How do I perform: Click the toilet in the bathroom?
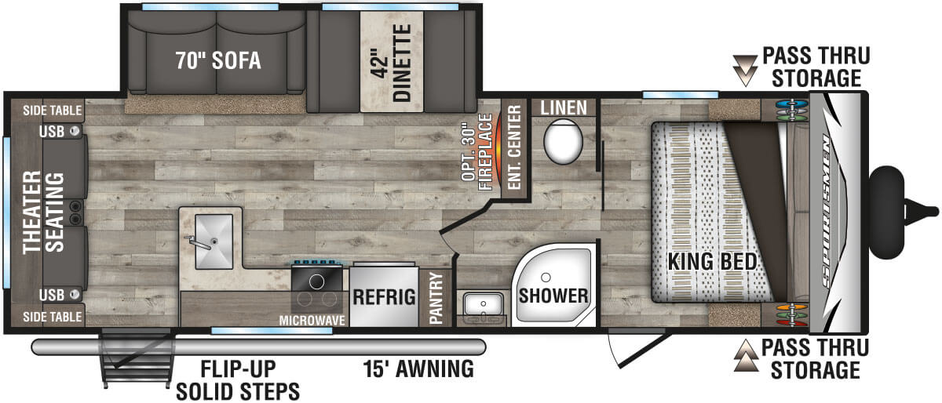[x=563, y=141]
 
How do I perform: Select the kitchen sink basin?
[x=214, y=241]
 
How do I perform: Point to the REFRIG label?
[x=384, y=297]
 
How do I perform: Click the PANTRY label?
[x=436, y=298]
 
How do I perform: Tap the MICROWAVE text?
[x=312, y=321]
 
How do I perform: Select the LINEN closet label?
[x=564, y=108]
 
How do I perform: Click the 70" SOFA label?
[x=218, y=60]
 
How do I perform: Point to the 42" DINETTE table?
[x=392, y=62]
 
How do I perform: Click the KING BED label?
[x=713, y=261]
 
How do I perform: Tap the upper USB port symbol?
[x=75, y=131]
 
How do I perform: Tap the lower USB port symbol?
[x=75, y=294]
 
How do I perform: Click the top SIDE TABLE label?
[x=52, y=111]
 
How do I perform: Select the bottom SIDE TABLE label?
[x=52, y=317]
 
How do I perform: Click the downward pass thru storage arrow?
[x=745, y=71]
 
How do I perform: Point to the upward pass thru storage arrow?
[x=746, y=355]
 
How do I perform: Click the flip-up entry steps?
[x=137, y=358]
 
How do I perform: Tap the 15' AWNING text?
[x=418, y=369]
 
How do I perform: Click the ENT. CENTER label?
[x=514, y=147]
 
